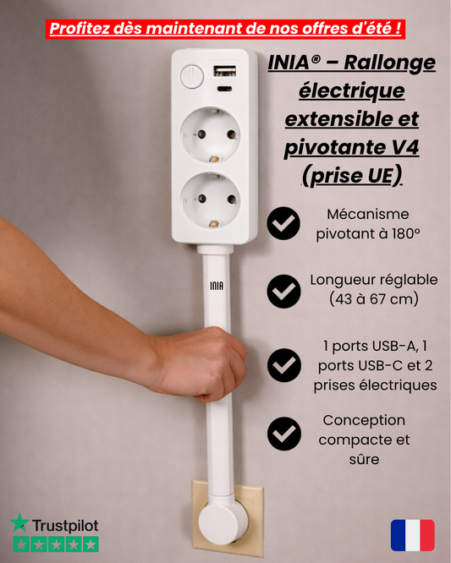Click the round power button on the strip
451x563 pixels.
point(192,77)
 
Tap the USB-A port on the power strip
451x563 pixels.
point(225,71)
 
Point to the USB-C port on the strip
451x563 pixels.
point(225,88)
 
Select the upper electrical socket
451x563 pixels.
point(210,136)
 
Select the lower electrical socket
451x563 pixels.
point(210,200)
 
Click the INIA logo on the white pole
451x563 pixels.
point(217,286)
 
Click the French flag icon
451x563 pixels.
point(412,535)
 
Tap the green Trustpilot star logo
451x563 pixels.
point(19,523)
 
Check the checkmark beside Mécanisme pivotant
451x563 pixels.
point(283,224)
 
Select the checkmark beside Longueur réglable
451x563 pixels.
point(283,290)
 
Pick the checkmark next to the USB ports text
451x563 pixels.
point(283,365)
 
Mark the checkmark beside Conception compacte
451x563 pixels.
point(283,433)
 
